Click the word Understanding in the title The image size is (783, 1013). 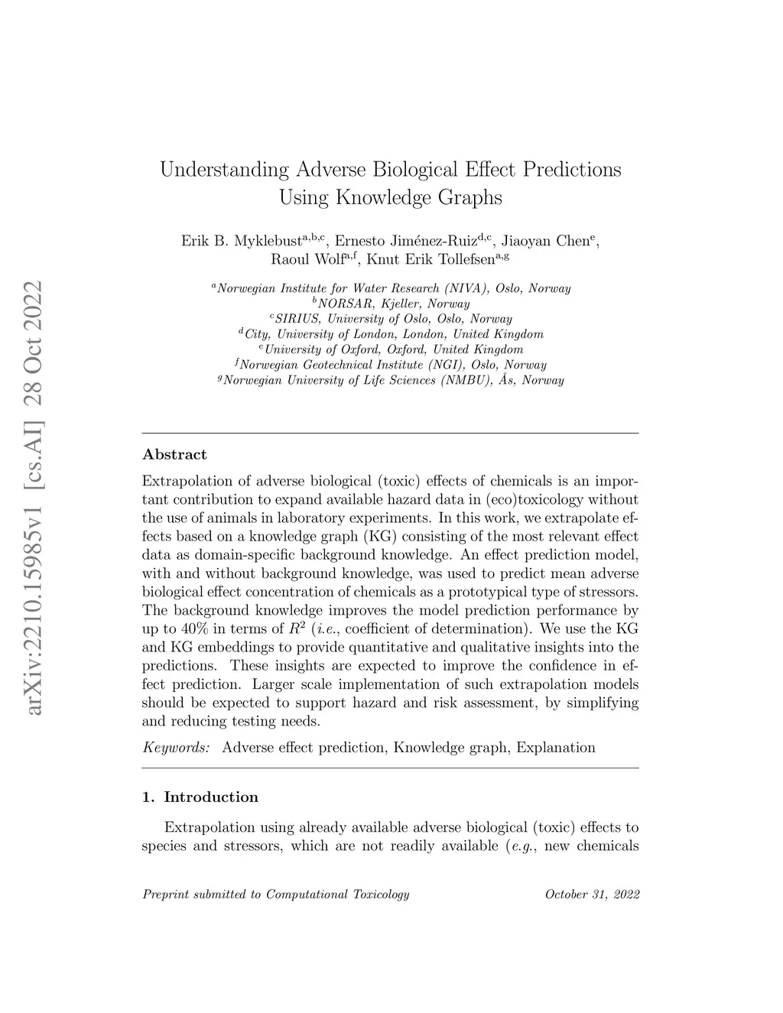pos(224,169)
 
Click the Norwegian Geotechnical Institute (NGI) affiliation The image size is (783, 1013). pos(391,365)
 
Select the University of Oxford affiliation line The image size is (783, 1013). pos(391,349)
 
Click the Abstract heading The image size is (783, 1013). pos(174,455)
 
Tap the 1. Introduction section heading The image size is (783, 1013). pos(200,797)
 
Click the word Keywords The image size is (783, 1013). pos(175,748)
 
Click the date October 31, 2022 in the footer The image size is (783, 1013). pos(592,894)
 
